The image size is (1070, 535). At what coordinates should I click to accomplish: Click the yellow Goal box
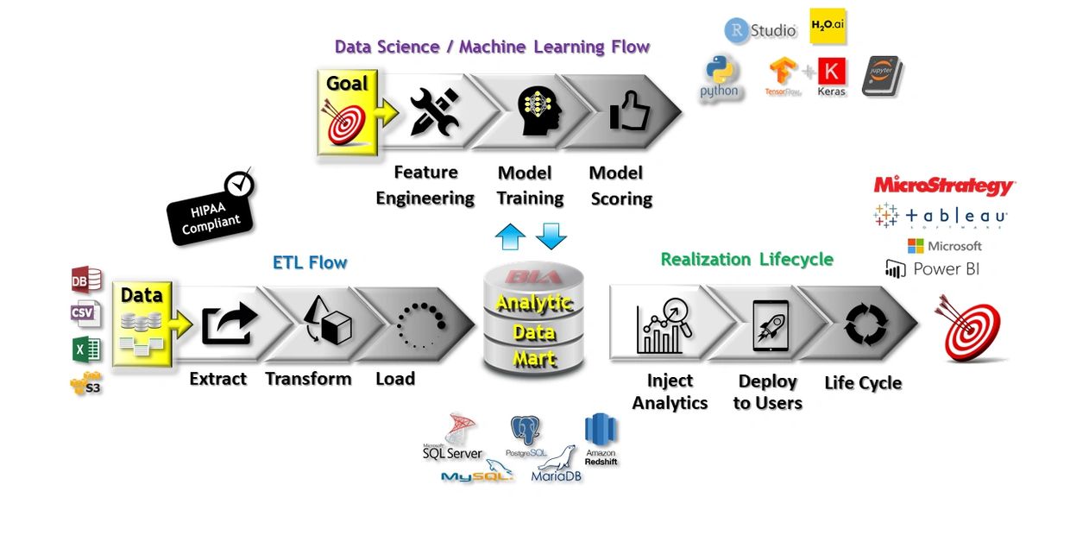click(348, 112)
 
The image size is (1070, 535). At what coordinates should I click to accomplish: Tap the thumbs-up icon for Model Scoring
click(629, 110)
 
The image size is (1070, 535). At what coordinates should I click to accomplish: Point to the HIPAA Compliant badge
click(212, 212)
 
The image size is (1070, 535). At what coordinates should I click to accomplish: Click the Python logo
click(719, 77)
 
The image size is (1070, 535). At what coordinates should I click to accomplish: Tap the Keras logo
click(832, 76)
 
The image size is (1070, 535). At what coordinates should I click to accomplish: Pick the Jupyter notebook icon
click(881, 76)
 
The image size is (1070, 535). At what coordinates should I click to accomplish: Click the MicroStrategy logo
click(944, 186)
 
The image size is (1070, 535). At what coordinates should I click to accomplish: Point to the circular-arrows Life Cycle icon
click(866, 325)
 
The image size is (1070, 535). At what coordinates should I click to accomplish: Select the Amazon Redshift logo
click(601, 438)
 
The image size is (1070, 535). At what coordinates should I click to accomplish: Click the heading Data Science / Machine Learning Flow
click(492, 47)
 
